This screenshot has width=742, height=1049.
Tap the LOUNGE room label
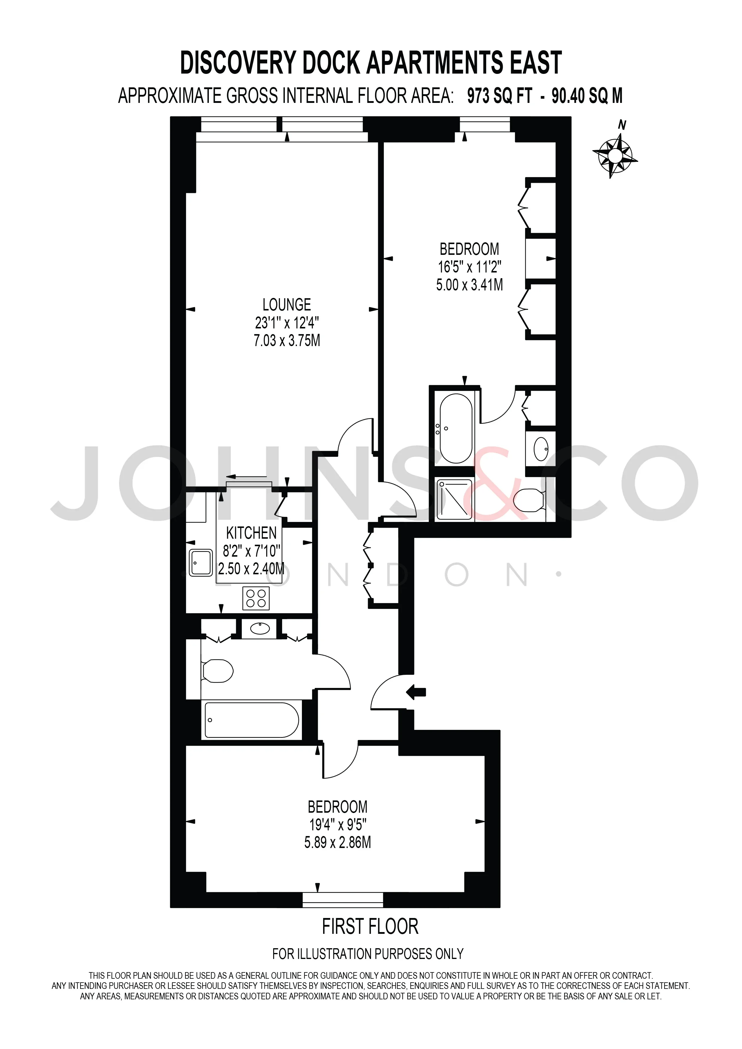[x=286, y=305]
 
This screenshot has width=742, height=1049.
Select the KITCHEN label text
[x=251, y=533]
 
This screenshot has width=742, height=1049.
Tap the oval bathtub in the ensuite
[x=456, y=428]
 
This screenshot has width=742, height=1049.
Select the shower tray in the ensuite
[x=454, y=499]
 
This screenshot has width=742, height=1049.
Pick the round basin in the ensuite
[x=541, y=449]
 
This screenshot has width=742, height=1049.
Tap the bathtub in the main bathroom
[x=252, y=720]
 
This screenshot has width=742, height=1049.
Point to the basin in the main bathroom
[x=259, y=629]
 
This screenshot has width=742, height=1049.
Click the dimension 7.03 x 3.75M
[x=287, y=340]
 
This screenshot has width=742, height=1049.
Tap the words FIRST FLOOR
[x=370, y=927]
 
